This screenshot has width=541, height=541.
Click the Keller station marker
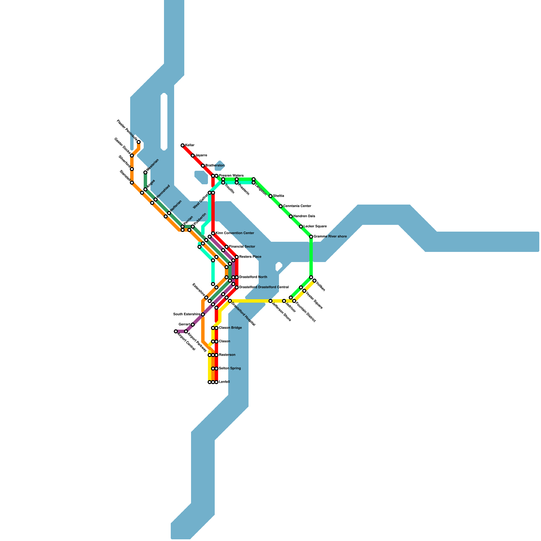coord(183,145)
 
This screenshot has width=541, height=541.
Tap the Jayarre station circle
coord(193,156)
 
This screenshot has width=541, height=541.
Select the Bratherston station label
coord(215,166)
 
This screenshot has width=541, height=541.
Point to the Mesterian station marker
coord(145,172)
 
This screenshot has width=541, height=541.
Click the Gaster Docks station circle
coord(132,156)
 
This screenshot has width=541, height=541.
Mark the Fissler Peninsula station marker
coord(139,142)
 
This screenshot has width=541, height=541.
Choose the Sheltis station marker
coord(270,196)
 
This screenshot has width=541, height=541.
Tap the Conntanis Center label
coord(297,206)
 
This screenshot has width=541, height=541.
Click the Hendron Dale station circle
coord(291,216)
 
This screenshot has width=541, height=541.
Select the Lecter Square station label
coord(315,227)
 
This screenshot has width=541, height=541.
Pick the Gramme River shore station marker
coord(311,237)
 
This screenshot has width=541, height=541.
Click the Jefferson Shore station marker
coord(270,301)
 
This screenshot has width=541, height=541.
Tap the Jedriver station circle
coord(284,301)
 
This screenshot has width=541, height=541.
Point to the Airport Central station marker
coord(176,331)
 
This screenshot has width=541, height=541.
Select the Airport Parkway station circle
coord(186,331)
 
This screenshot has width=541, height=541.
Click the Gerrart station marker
coord(193,325)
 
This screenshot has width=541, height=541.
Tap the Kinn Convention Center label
coord(235,233)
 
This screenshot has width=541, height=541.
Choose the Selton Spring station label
coord(230,369)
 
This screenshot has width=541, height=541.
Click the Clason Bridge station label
coord(230,328)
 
